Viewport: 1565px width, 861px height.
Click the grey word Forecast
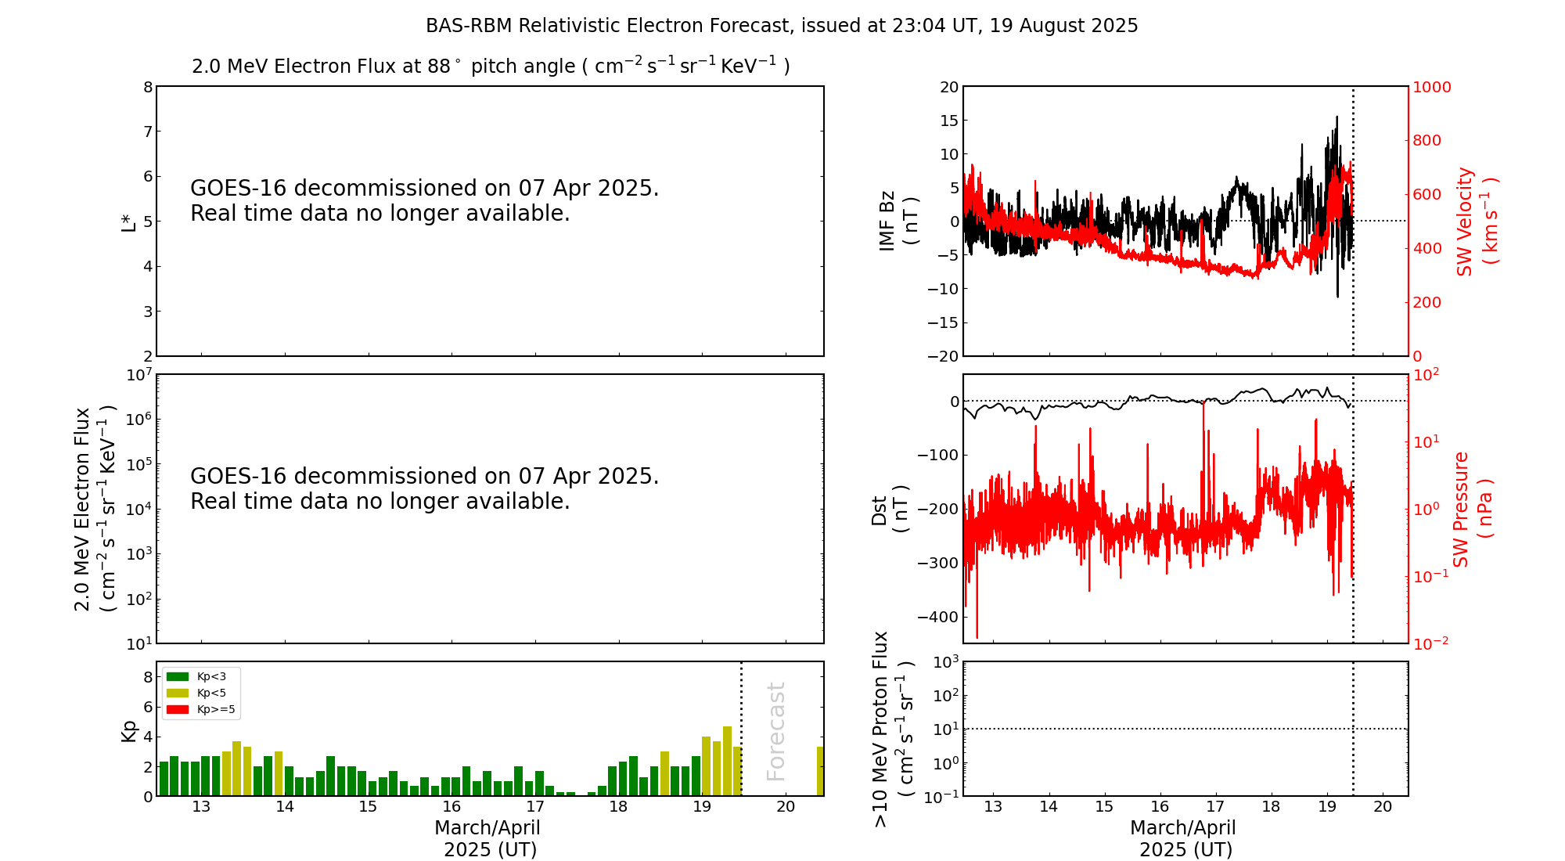(775, 731)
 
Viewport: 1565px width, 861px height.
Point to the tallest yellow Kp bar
(727, 761)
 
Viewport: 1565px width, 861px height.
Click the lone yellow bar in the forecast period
(820, 771)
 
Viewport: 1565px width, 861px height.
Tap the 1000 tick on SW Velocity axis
(1431, 87)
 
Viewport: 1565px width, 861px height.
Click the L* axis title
(128, 221)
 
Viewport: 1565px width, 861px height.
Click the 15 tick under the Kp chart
(368, 807)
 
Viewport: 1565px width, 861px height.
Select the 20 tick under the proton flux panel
(1383, 807)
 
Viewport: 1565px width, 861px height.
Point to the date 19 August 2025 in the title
(1063, 26)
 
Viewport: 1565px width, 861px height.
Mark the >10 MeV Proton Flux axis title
(892, 729)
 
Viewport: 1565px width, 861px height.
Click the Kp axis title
(129, 730)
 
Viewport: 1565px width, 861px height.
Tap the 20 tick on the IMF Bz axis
(948, 87)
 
